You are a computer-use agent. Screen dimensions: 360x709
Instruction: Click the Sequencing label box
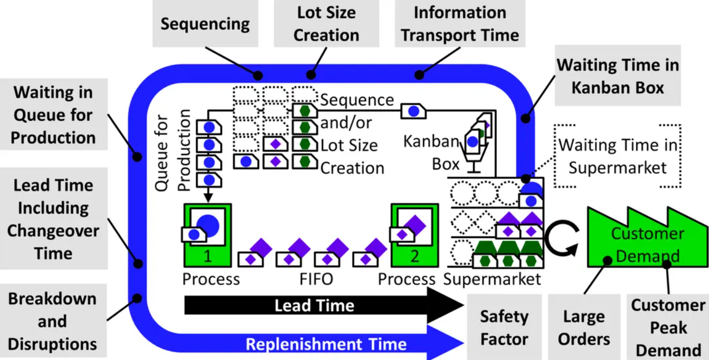point(205,24)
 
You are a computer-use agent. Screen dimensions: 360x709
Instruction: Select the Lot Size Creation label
point(326,24)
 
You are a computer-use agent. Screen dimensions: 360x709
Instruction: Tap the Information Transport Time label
point(459,24)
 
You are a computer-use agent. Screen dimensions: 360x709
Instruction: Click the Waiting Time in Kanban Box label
point(618,75)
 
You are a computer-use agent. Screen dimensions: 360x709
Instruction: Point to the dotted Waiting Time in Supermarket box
point(617,156)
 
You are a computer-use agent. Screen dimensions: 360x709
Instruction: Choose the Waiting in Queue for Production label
point(53,115)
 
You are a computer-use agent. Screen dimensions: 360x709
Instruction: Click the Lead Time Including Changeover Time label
point(53,219)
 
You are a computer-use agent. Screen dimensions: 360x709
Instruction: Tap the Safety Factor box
point(504,327)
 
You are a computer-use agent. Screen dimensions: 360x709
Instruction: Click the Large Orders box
point(584,327)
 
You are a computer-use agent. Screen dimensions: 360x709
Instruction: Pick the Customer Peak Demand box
point(668,327)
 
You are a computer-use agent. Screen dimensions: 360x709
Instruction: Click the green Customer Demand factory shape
point(647,243)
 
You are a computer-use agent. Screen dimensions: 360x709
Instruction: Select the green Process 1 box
point(207,235)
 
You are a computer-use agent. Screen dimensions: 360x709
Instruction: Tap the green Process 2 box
point(414,235)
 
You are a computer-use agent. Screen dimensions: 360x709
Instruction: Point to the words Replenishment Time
point(326,344)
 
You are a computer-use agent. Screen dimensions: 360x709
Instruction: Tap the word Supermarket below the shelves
point(492,279)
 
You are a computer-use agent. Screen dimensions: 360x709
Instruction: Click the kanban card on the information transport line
point(414,111)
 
